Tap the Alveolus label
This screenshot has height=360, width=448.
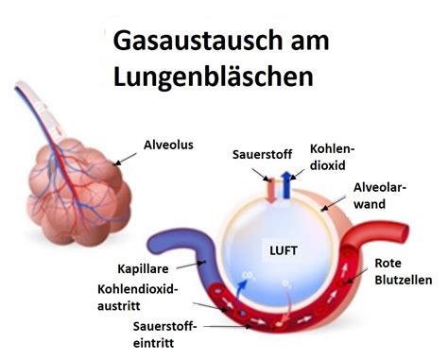click(x=167, y=146)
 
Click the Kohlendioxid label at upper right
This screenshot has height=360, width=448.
click(x=332, y=159)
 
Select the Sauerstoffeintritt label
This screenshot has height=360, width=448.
click(x=166, y=333)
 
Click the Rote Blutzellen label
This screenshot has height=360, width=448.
click(x=403, y=271)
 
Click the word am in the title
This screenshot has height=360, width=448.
click(x=291, y=41)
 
